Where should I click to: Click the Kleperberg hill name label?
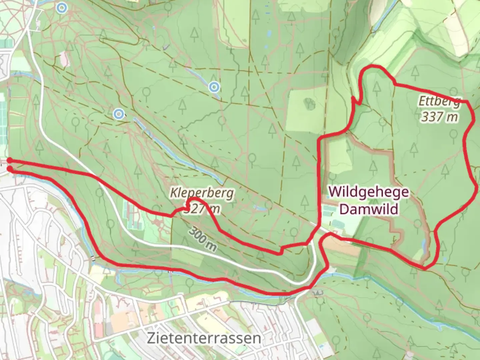pos(202,193)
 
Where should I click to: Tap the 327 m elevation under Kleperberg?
pos(202,209)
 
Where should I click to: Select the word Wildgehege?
pos(368,192)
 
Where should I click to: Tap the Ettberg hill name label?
pos(439,101)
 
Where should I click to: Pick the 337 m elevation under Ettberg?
pos(439,117)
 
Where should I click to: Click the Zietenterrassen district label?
pos(204,338)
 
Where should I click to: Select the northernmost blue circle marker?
pos(61,7)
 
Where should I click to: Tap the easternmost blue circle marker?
pos(214,87)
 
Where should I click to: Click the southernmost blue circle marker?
pos(118,114)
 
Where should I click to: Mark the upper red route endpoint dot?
pos(10,160)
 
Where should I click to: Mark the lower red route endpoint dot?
pos(10,169)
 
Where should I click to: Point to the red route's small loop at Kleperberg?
pos(193,204)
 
